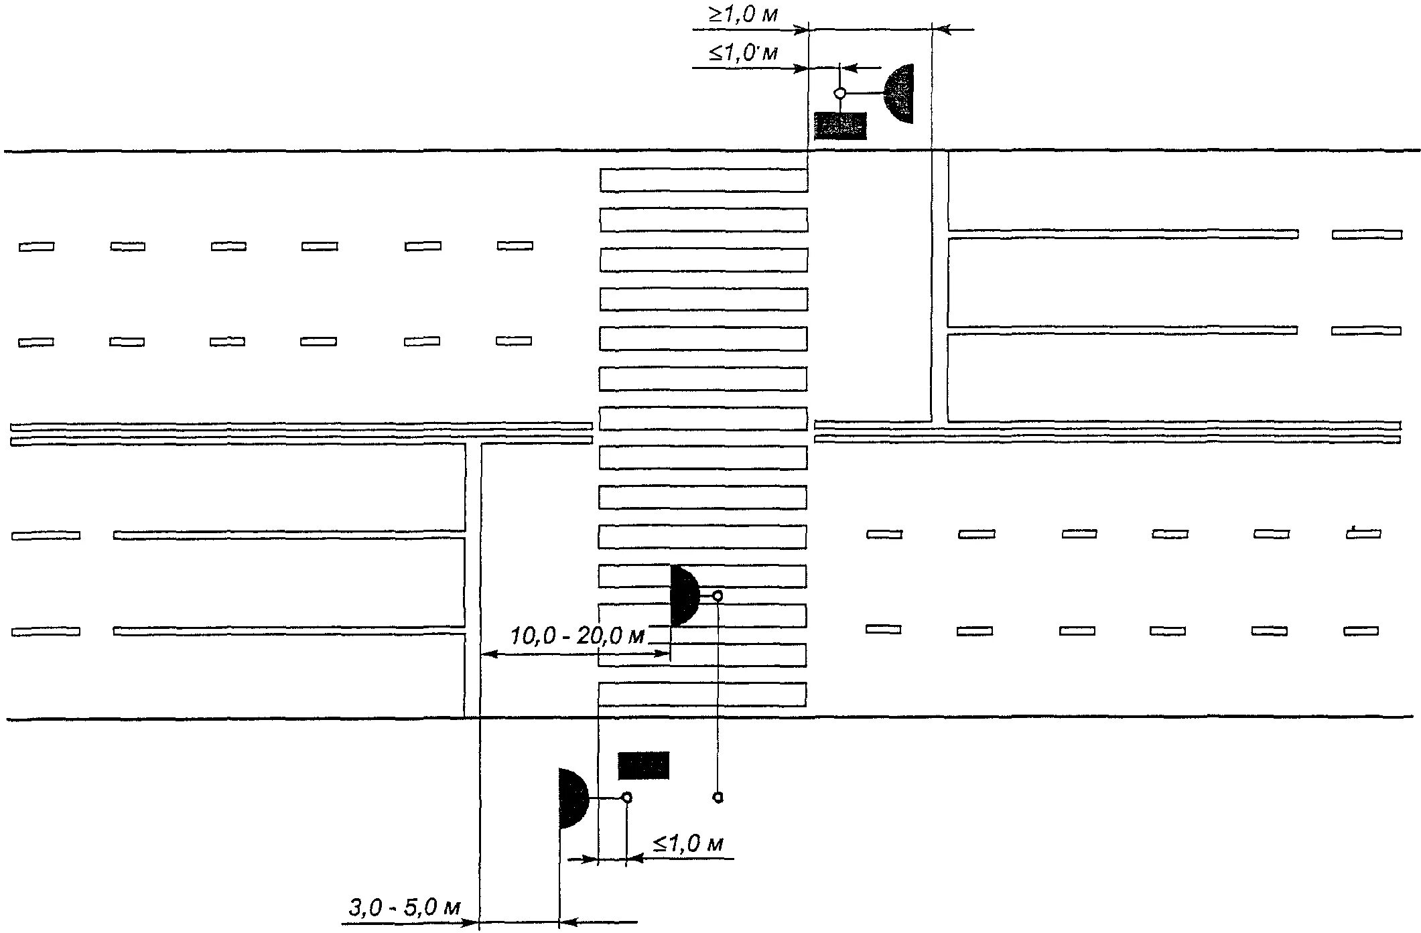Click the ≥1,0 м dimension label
pos(743,14)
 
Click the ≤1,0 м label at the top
pos(743,52)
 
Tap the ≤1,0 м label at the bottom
pos(687,843)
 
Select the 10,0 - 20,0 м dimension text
pos(577,635)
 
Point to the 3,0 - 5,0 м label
pos(404,908)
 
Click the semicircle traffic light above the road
pos(900,94)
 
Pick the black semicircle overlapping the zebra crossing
pos(683,596)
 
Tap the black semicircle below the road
pos(572,798)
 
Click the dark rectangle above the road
pos(840,126)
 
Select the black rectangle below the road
pos(643,766)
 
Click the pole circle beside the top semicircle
pos(839,93)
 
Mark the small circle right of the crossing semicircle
pos(718,595)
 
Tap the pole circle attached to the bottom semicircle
pos(626,797)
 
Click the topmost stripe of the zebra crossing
pos(703,180)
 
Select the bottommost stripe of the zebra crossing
pos(701,694)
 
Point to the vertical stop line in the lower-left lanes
pos(472,579)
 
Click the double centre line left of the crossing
pos(301,433)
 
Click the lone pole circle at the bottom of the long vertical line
pos(718,797)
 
